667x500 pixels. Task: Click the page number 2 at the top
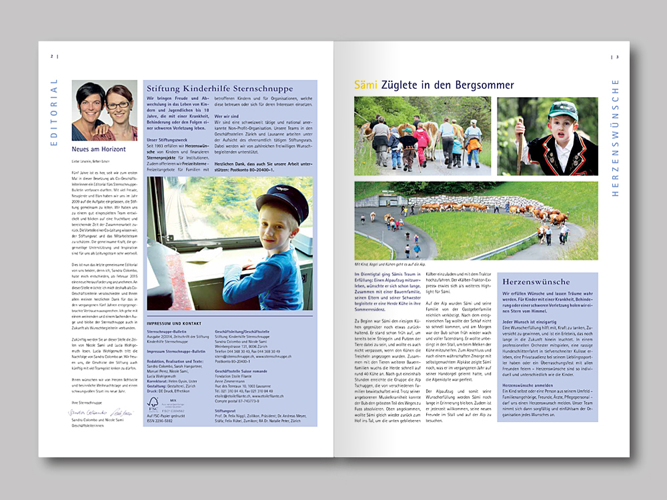(51, 56)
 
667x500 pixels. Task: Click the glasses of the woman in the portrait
(118, 105)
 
